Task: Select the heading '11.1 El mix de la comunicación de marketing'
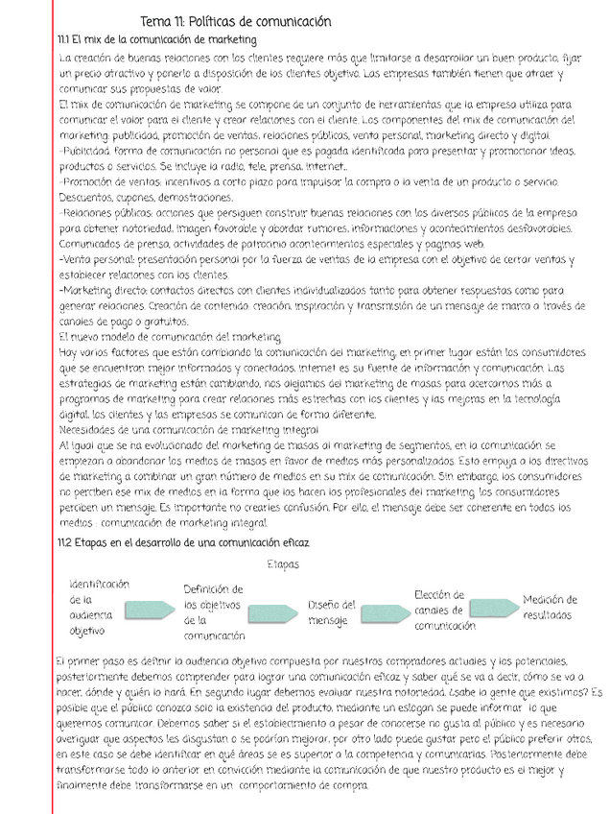click(x=157, y=39)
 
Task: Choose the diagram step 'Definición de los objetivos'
click(x=213, y=611)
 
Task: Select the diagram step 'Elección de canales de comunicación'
click(x=445, y=610)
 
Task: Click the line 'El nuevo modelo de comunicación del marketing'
click(x=170, y=337)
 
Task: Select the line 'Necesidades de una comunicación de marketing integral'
click(x=188, y=430)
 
